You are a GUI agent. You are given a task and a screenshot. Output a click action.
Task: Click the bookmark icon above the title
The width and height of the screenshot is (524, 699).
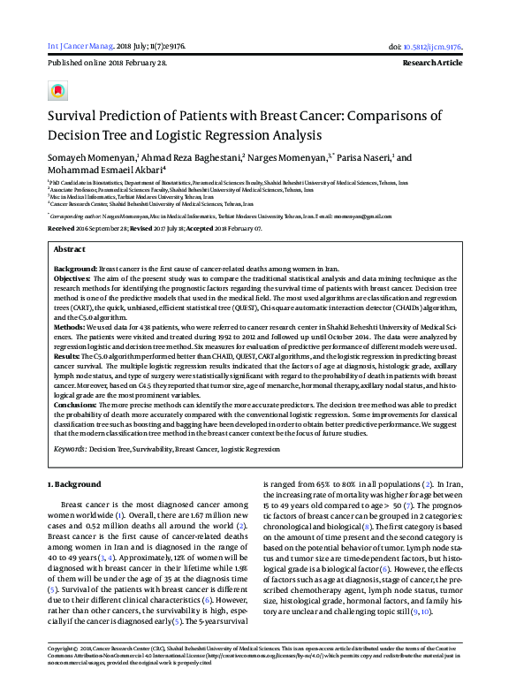coord(58,91)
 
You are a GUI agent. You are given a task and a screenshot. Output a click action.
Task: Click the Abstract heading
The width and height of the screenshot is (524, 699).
coord(70,250)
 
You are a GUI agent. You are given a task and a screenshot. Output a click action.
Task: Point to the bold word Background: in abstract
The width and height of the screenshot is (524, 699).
coord(75,268)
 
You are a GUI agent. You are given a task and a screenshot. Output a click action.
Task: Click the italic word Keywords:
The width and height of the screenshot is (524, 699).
coord(70,449)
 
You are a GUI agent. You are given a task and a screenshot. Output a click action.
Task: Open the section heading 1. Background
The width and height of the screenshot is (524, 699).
coord(73,485)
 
